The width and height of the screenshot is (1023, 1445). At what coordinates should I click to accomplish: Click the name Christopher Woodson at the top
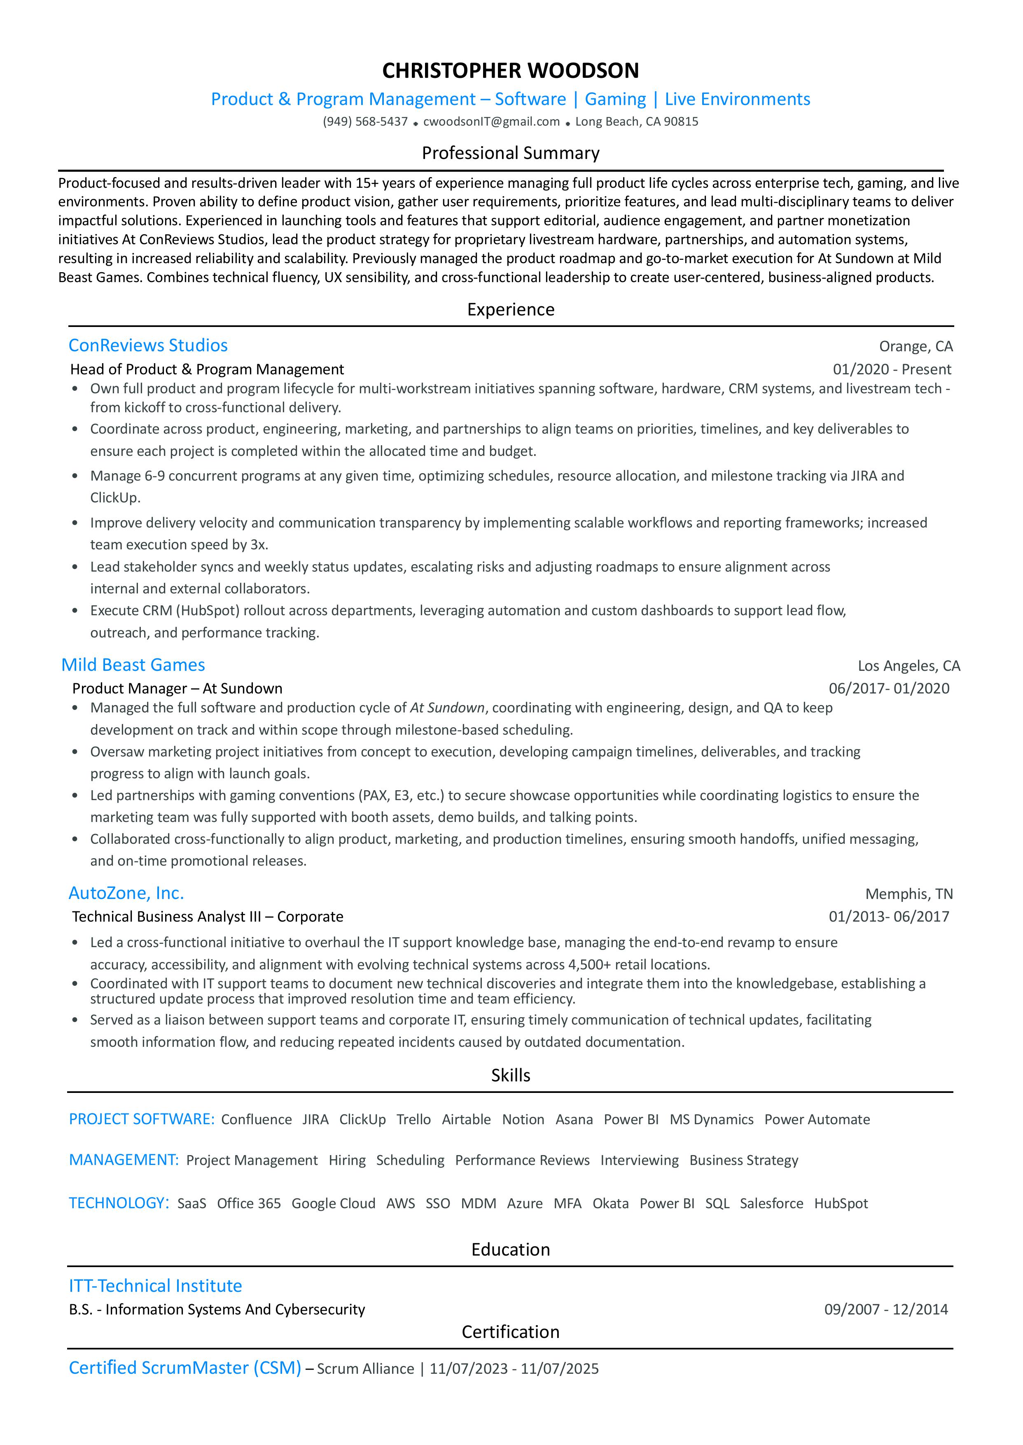(510, 70)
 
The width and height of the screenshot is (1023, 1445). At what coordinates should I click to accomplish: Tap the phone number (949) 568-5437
(365, 121)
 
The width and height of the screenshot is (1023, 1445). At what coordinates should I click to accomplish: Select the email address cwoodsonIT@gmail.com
(491, 121)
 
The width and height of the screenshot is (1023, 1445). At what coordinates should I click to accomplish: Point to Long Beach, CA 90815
(636, 121)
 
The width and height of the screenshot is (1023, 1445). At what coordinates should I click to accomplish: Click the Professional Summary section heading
(510, 153)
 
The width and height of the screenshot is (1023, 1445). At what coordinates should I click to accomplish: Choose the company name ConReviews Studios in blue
(148, 345)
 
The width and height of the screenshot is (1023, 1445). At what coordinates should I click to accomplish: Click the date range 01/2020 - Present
(891, 369)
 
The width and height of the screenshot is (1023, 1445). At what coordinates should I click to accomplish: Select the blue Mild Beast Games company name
(133, 665)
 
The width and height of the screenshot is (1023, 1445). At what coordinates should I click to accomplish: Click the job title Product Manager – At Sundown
(177, 689)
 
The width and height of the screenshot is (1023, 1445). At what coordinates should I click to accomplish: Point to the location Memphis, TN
(909, 894)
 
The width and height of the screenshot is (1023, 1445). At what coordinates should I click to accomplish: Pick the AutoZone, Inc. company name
(126, 893)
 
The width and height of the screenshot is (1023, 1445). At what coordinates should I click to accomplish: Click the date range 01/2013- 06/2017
(888, 917)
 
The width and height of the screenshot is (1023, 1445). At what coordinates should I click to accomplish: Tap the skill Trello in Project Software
(413, 1119)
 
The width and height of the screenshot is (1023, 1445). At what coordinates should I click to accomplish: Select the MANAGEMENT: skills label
(124, 1160)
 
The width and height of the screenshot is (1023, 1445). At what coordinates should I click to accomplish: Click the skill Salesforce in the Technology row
(771, 1203)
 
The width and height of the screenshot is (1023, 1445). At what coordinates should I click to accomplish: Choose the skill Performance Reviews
(522, 1160)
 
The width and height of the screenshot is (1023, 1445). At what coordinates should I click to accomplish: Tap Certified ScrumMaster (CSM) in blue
(185, 1368)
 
